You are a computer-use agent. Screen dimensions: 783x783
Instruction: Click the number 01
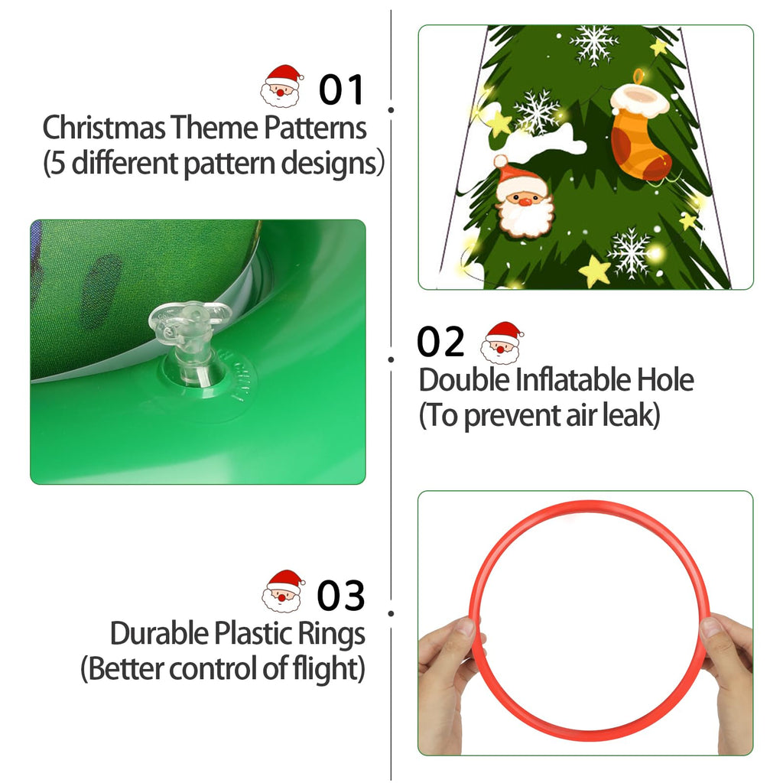pos(342,89)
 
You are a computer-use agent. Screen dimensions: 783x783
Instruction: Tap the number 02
pos(440,342)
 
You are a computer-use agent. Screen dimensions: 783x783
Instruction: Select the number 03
pos(341,596)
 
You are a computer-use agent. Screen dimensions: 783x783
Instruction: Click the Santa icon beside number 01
pos(282,86)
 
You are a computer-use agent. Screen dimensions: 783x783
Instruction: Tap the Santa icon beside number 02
pos(502,342)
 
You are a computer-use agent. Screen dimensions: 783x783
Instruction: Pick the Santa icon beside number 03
pos(283,591)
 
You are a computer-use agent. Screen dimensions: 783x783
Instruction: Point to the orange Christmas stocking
pos(640,131)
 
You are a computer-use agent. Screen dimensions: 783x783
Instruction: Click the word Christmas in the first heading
pos(103,128)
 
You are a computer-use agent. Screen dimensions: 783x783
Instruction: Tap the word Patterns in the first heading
pos(315,128)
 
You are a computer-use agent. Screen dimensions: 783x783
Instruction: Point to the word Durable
pos(159,634)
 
